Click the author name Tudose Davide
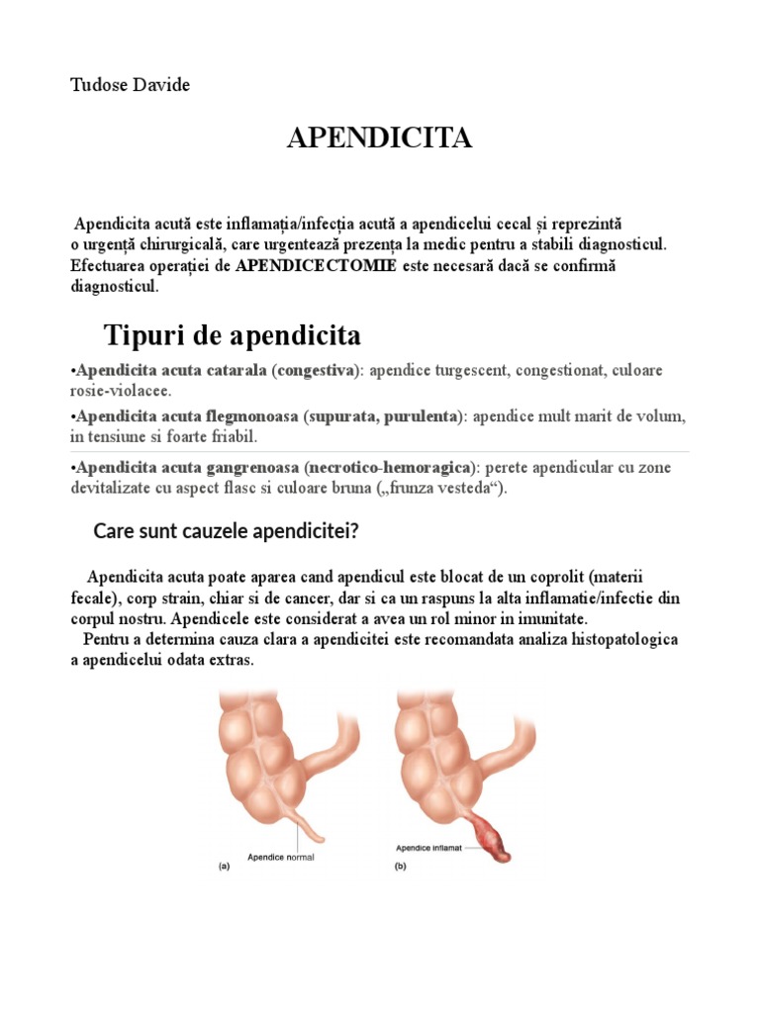click(130, 85)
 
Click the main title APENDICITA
click(379, 138)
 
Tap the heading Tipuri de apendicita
click(233, 335)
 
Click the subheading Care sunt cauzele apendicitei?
click(226, 532)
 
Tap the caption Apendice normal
click(280, 858)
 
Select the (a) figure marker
click(224, 867)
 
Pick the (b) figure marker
click(401, 867)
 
